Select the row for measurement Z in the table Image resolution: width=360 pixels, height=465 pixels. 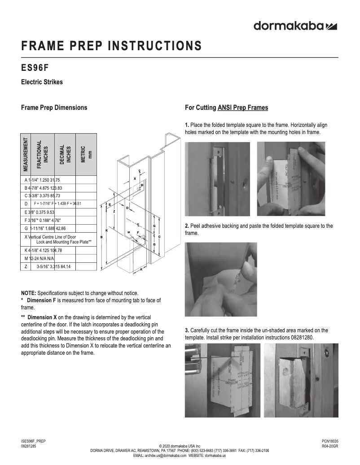[59, 266]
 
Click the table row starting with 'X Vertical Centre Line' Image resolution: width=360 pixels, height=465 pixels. [59, 239]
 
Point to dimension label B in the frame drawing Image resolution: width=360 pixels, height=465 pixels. [101, 236]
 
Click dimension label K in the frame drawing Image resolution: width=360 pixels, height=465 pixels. [106, 217]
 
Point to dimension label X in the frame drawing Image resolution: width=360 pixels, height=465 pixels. [135, 178]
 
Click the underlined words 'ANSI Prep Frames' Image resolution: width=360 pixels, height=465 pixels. [243, 108]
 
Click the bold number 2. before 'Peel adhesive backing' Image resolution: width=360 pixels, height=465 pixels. [187, 226]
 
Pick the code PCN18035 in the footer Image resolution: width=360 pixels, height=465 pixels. [330, 441]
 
